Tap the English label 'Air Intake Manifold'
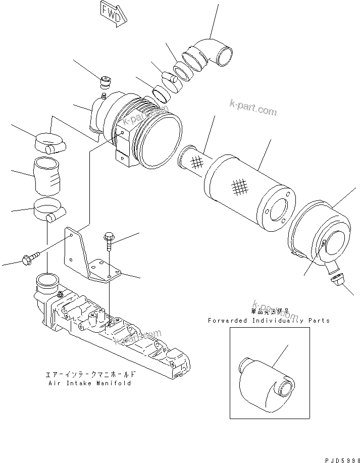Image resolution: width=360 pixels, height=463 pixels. point(90,383)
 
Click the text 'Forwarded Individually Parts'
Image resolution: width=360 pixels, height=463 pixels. point(269,321)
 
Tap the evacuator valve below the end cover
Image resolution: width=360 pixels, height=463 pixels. point(335,277)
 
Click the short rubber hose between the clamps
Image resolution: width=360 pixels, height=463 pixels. point(48,176)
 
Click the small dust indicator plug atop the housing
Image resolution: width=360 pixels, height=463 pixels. point(106,80)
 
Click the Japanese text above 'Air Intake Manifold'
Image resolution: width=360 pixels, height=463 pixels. point(90,375)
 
